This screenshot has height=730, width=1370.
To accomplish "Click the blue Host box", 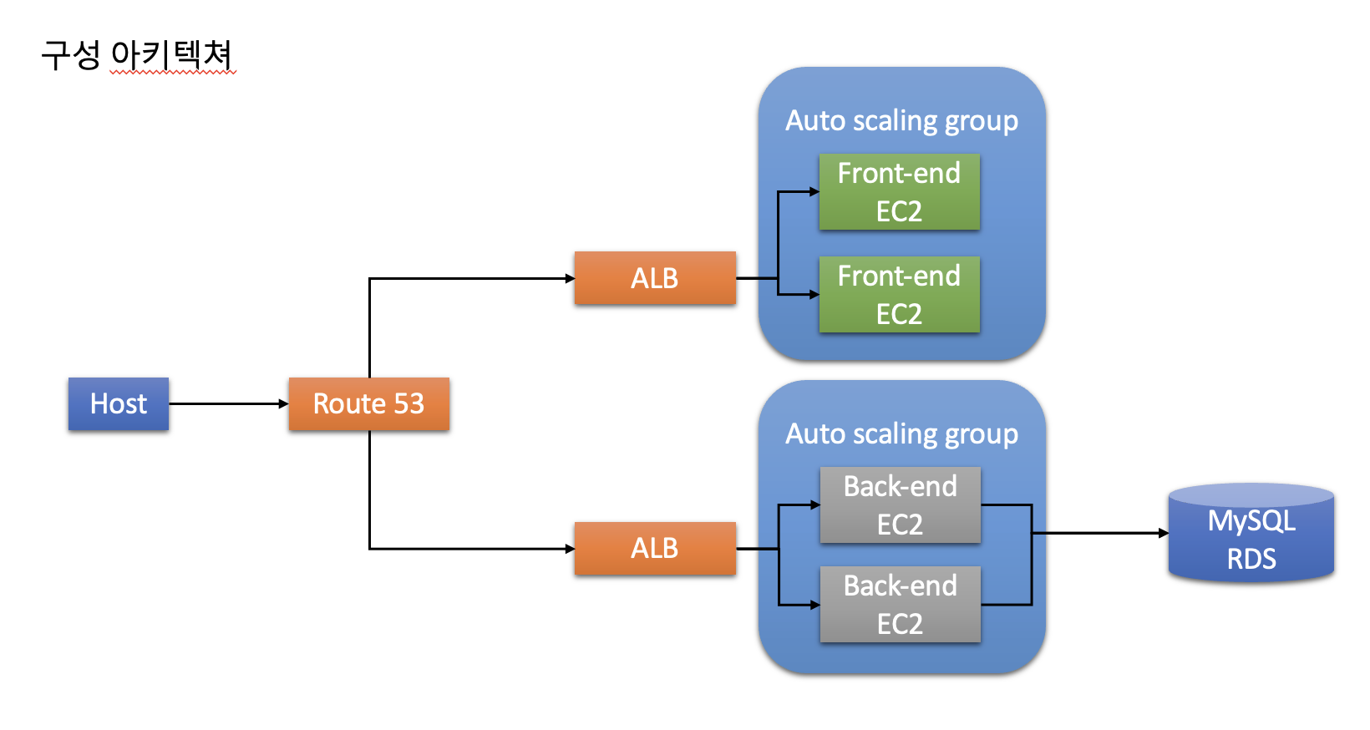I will click(x=119, y=404).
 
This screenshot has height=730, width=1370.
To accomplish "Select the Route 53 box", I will click(x=368, y=404).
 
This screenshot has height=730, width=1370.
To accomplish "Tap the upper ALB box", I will click(x=655, y=278).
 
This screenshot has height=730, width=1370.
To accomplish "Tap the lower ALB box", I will click(x=655, y=549).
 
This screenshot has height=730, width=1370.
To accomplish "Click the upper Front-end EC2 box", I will click(x=899, y=192).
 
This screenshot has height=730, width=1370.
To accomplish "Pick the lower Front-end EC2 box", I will click(x=899, y=295).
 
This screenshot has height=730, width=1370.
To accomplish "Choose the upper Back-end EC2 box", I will click(x=900, y=505).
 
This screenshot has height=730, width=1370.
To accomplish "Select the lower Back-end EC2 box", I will click(x=900, y=605).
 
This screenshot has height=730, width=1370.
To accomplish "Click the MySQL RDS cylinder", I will click(x=1251, y=535).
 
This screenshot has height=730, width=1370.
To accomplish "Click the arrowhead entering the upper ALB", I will click(x=570, y=278).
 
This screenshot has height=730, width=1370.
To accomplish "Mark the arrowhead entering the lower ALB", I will click(x=570, y=549).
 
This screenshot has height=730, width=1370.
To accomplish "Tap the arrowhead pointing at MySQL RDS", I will click(x=1163, y=533).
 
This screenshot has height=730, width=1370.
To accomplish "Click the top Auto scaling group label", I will click(x=901, y=121).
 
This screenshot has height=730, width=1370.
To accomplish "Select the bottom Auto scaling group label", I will click(x=901, y=434).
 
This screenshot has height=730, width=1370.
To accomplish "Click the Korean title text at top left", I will click(x=137, y=55).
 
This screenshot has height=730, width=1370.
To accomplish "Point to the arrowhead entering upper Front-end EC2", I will click(x=814, y=192).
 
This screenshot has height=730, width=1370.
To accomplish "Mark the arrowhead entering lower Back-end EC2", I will click(x=815, y=605).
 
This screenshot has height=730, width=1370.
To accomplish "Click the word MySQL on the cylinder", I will click(x=1251, y=521).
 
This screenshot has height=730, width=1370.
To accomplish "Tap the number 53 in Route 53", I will click(x=408, y=404).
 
